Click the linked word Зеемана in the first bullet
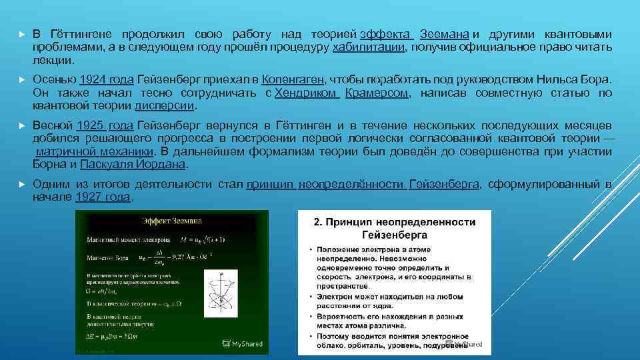(445, 35)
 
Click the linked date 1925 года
(105, 125)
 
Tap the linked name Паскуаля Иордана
(133, 164)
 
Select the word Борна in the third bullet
(49, 164)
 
